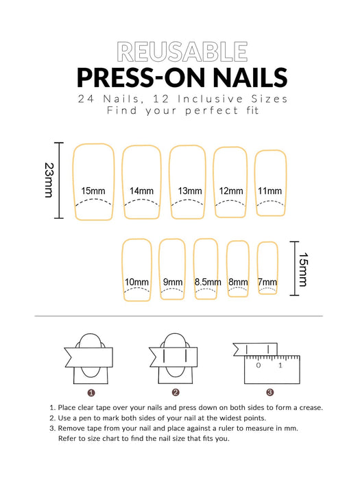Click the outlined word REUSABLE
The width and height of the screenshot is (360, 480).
(182, 51)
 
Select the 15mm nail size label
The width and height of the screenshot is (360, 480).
(93, 191)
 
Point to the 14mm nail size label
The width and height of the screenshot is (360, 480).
(141, 191)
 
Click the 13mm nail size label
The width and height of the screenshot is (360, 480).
(189, 191)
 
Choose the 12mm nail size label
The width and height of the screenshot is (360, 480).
(231, 191)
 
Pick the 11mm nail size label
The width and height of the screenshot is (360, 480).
(269, 191)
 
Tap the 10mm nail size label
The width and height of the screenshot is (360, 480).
(136, 282)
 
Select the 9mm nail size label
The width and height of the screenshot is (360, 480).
(173, 282)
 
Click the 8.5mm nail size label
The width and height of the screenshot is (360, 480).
(208, 282)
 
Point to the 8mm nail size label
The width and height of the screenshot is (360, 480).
(238, 282)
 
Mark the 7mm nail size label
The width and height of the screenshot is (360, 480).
(267, 282)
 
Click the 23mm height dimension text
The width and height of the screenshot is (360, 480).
(49, 180)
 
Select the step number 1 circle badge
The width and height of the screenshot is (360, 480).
(91, 393)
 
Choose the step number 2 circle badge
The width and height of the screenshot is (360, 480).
(176, 393)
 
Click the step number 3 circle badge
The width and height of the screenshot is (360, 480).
(270, 393)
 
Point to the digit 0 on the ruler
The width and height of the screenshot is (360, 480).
(259, 365)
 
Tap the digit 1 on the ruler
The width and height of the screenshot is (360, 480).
(280, 365)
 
